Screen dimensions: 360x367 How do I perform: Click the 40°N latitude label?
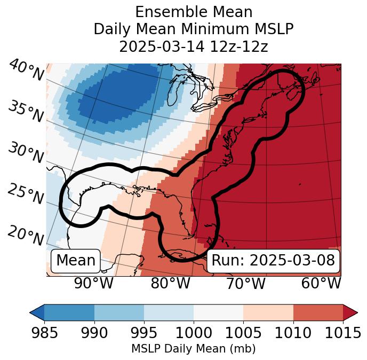[26, 71]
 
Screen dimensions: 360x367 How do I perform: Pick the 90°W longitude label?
[94, 284]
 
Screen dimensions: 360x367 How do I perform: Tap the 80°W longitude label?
[170, 284]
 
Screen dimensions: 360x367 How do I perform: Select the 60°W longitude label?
[321, 284]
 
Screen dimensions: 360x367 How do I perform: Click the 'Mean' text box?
[76, 261]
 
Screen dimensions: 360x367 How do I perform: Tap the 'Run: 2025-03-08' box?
[273, 261]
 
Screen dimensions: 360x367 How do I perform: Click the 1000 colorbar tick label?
[194, 333]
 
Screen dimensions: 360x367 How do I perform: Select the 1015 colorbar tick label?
[342, 333]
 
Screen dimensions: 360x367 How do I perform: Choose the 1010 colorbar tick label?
[293, 333]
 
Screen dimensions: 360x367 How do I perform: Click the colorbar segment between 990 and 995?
[119, 312]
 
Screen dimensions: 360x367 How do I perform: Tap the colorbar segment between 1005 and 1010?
[268, 312]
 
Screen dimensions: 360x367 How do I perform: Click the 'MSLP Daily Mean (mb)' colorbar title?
[193, 349]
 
